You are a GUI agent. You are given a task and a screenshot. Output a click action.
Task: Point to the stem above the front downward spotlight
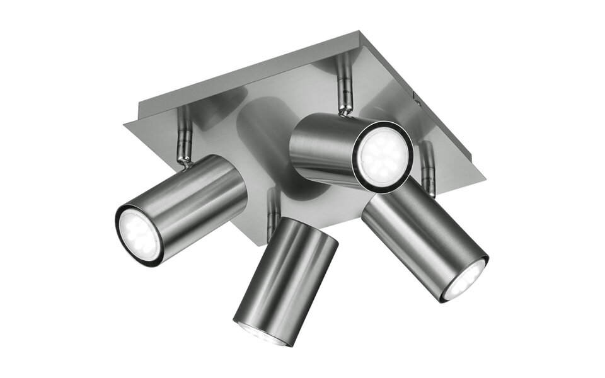click(x=272, y=208)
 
